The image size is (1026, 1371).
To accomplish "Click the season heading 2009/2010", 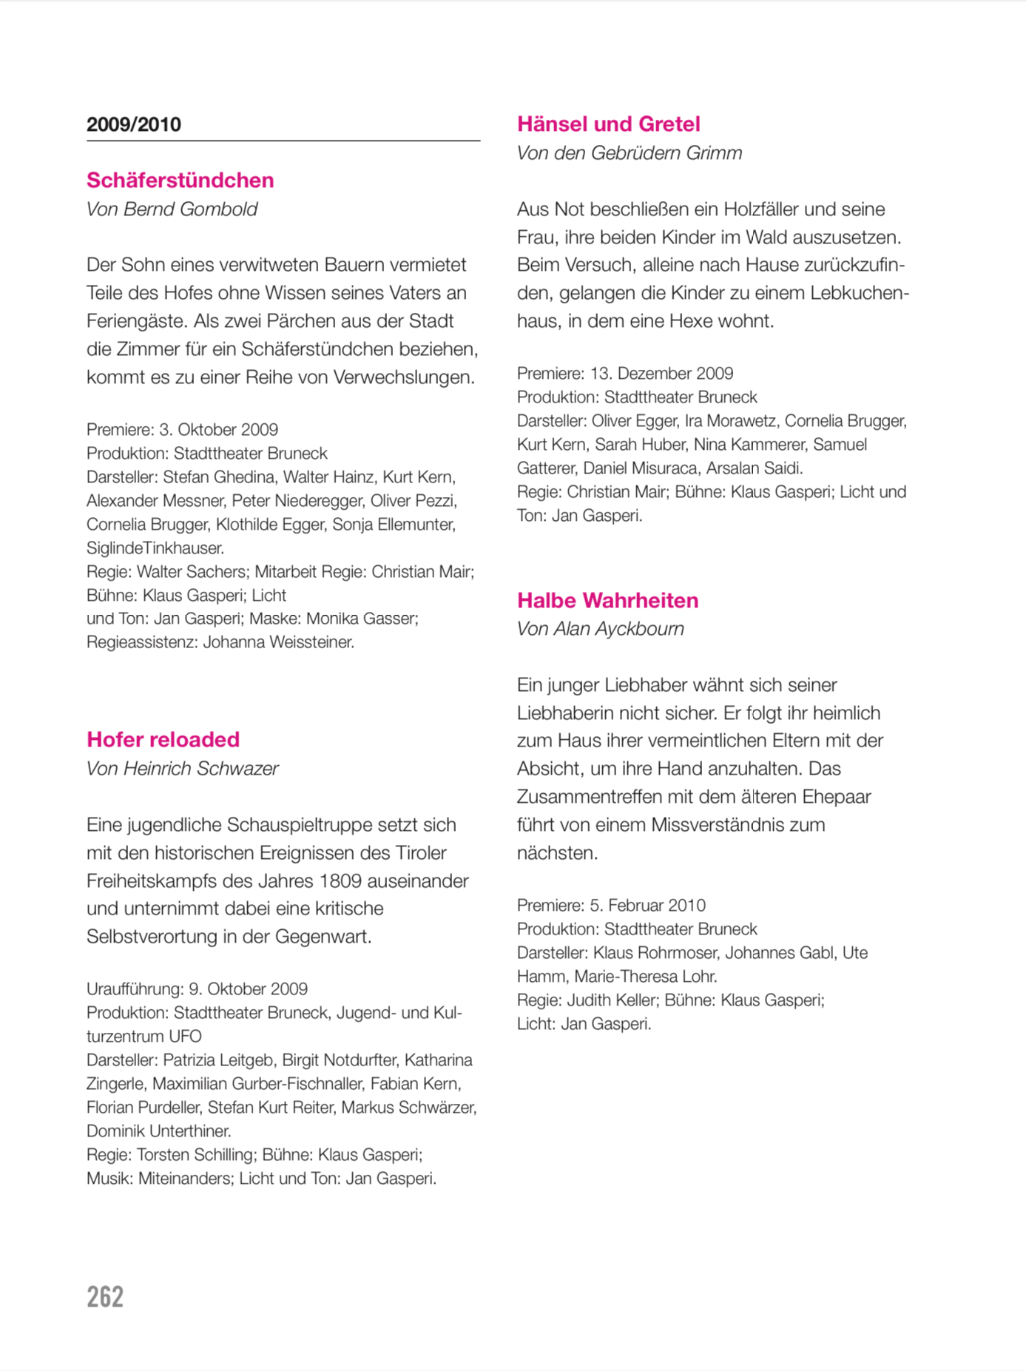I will [134, 124].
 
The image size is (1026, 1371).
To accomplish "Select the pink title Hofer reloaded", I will [163, 739].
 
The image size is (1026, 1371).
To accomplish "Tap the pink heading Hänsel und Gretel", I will [608, 124].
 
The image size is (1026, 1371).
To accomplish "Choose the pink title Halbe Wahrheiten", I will [607, 600].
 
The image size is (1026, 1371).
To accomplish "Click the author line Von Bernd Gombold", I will [172, 209].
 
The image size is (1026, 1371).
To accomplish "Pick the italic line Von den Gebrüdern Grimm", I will [629, 153].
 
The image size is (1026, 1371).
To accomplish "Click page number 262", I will [105, 1297].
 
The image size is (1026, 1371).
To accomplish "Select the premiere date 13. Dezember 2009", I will [661, 374].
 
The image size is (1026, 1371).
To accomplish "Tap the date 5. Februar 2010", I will [647, 906].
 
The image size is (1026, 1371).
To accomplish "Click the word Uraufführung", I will [134, 989].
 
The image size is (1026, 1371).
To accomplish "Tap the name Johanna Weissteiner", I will [278, 642].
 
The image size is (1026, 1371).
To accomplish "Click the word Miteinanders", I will [184, 1179].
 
